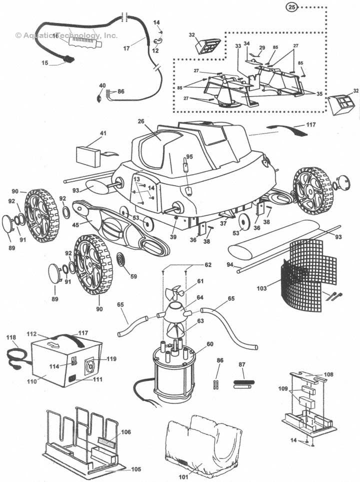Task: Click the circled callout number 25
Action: pos(292,8)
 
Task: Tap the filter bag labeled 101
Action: pos(202,440)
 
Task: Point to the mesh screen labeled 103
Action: pos(305,270)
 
